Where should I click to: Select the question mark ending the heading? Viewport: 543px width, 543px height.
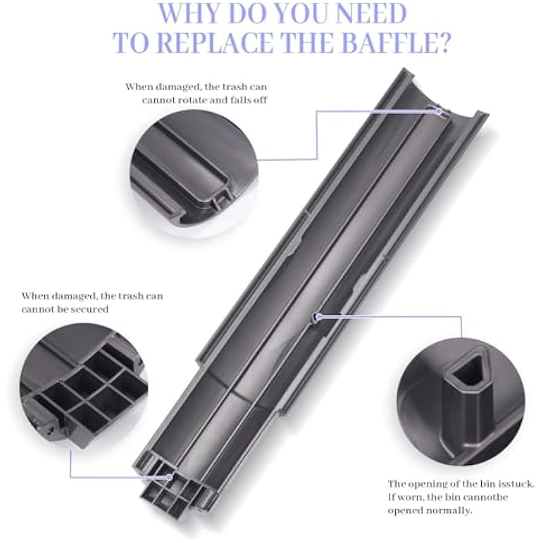click(x=438, y=42)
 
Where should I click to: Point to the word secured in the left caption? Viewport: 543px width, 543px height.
click(x=91, y=309)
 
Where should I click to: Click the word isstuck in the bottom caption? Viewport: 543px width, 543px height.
click(x=517, y=484)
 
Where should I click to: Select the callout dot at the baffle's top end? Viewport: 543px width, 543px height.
click(x=438, y=111)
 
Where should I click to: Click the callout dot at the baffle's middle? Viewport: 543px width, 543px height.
click(x=319, y=316)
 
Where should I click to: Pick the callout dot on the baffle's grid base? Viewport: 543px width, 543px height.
click(x=169, y=477)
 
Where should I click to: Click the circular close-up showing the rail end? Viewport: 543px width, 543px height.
click(x=194, y=172)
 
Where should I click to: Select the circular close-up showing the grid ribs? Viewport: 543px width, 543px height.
click(x=83, y=386)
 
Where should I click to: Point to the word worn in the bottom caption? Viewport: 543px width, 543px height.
click(x=405, y=498)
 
